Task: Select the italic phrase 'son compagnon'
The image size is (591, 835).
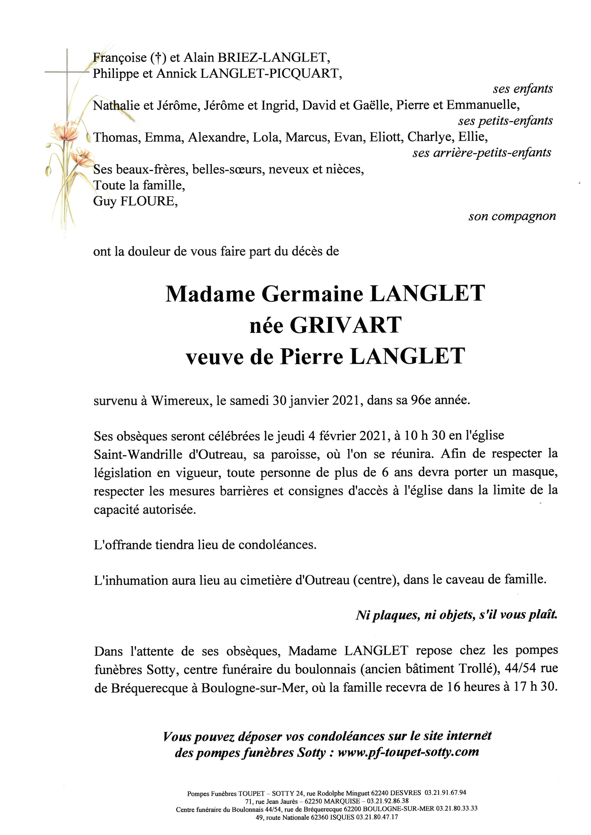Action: click(x=512, y=217)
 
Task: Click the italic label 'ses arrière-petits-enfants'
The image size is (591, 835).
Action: click(x=481, y=153)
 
